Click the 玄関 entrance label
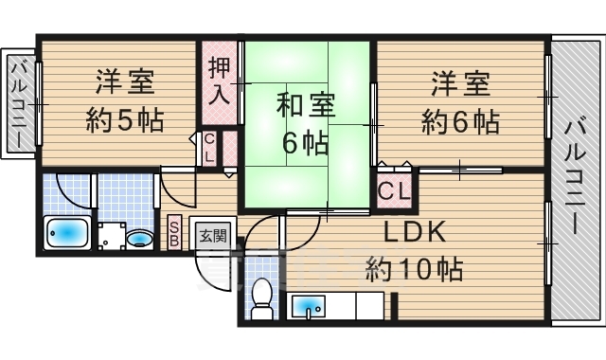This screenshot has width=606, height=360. point(213,235)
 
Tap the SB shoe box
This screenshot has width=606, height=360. point(174,231)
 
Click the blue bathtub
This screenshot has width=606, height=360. point(67,233)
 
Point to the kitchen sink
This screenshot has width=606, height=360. point(308,307)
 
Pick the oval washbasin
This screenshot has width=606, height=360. point(139,238)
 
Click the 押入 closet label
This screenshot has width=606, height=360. point(219,82)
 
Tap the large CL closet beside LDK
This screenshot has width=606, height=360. point(394,190)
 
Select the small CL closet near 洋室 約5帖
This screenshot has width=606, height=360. point(209,148)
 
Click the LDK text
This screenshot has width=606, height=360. point(415,232)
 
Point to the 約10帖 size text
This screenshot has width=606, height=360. point(415,269)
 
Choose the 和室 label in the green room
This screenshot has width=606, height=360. point(305,105)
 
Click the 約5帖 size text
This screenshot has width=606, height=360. point(125,120)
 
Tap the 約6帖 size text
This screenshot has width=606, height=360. point(460,121)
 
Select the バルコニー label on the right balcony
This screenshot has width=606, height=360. point(576,178)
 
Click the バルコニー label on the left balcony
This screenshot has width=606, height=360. point(19,105)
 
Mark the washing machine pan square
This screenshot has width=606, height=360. point(112,236)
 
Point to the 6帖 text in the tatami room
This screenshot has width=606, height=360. point(305,143)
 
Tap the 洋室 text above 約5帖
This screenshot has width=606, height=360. point(125,81)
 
